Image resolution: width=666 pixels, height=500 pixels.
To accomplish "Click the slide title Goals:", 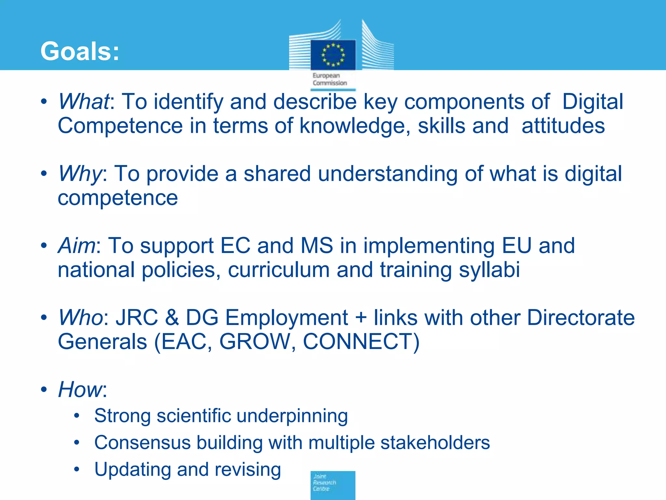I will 80,51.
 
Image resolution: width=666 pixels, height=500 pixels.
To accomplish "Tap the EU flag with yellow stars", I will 333,55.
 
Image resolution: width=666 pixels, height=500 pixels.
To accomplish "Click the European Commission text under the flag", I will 329,79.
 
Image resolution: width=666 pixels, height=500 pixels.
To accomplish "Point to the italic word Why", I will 80,174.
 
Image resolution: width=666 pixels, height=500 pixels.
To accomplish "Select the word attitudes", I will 563,126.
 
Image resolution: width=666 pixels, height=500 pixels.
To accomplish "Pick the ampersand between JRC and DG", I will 172,317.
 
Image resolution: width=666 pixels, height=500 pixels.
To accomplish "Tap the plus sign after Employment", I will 361,317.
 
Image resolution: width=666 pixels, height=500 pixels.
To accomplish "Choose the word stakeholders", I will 435,443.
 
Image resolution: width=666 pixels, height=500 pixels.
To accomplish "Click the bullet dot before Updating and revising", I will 77,469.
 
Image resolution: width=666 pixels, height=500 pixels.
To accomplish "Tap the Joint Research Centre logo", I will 333,485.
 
